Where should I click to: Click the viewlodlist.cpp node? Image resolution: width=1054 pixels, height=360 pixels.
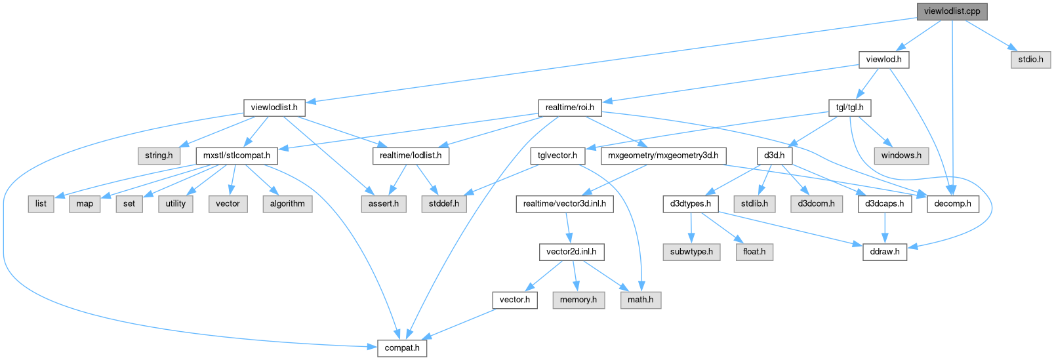952,11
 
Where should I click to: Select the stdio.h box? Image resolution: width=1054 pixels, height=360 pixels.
1030,59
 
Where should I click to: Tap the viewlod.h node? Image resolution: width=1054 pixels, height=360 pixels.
883,59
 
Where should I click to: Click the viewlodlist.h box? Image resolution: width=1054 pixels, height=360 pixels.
274,107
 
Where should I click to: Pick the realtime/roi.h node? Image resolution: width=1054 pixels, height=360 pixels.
569,107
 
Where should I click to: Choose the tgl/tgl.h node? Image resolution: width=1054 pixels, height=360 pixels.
850,107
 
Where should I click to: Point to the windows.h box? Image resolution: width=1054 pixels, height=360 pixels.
901,155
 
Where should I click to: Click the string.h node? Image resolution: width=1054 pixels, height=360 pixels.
159,155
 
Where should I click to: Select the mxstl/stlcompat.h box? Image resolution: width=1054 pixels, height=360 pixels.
237,155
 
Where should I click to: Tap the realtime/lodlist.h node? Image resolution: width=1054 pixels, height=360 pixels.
411,155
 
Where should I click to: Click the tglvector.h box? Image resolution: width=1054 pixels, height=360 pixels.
557,155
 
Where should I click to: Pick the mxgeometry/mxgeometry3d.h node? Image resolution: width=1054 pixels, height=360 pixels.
663,155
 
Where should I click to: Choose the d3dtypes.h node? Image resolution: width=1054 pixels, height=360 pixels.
691,203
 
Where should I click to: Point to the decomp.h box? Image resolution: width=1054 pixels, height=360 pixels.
953,203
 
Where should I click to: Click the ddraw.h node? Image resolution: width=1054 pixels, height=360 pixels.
885,251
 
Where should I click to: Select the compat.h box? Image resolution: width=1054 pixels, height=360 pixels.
402,348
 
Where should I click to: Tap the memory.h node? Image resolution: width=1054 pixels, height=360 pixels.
578,300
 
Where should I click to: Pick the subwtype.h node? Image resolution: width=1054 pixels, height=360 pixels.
691,251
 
